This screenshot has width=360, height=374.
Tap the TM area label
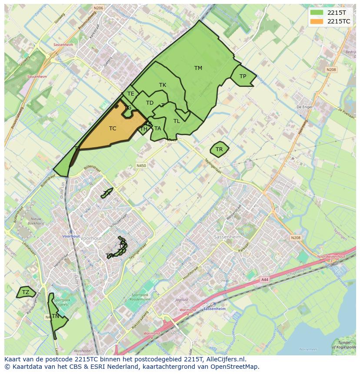[198, 68]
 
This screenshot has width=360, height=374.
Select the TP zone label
[243, 76]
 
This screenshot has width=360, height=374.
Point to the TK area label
[163, 85]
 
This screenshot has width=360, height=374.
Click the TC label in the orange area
[113, 129]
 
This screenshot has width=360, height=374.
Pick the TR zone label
[219, 149]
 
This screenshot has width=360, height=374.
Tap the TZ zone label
[26, 292]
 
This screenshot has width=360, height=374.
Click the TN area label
[55, 316]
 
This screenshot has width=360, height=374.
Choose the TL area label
[177, 121]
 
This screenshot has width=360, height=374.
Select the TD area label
[150, 103]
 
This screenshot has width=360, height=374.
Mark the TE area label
[130, 94]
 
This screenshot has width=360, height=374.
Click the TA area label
[157, 129]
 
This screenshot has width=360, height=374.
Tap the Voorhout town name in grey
[92, 238]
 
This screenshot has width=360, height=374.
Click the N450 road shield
[141, 165]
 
